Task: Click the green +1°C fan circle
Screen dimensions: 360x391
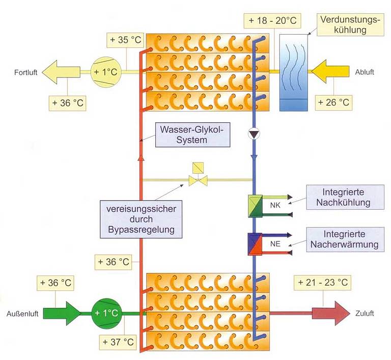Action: tap(106, 312)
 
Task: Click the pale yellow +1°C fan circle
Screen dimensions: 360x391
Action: tap(105, 72)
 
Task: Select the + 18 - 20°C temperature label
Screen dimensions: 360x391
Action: tap(272, 21)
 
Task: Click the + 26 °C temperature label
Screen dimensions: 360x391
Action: tap(333, 102)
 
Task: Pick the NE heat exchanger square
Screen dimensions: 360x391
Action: tap(255, 245)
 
